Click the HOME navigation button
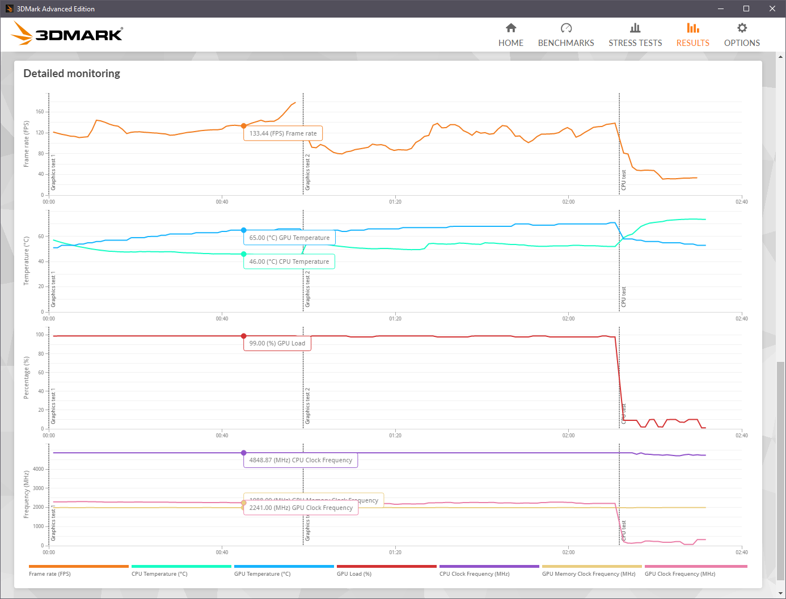pyautogui.click(x=510, y=35)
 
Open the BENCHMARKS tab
pyautogui.click(x=565, y=35)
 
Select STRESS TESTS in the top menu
pyautogui.click(x=635, y=35)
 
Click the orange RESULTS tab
pyautogui.click(x=692, y=35)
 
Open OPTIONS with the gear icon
pyautogui.click(x=742, y=35)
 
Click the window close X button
pyautogui.click(x=772, y=9)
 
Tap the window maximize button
pyautogui.click(x=746, y=9)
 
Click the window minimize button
pyautogui.click(x=721, y=9)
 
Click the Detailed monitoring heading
pyautogui.click(x=71, y=74)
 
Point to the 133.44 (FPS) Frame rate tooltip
pyautogui.click(x=283, y=133)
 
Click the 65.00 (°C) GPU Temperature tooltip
pyautogui.click(x=289, y=238)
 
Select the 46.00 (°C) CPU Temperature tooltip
pyautogui.click(x=289, y=261)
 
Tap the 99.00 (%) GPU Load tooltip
pyautogui.click(x=277, y=343)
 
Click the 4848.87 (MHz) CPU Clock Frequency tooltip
pyautogui.click(x=301, y=460)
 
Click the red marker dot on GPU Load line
pyautogui.click(x=244, y=336)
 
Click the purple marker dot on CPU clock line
pyautogui.click(x=244, y=453)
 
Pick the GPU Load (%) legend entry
pyautogui.click(x=354, y=573)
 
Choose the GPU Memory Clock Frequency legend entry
pyautogui.click(x=589, y=573)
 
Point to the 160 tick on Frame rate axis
pyautogui.click(x=40, y=112)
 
